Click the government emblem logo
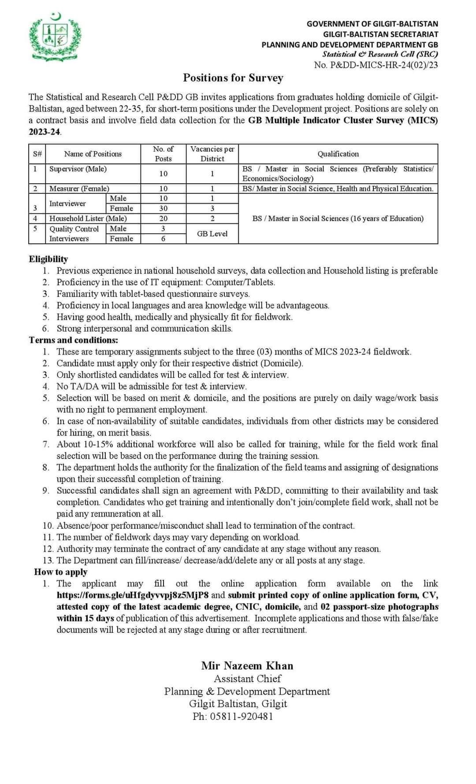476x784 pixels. click(x=56, y=38)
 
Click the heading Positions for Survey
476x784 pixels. click(x=233, y=78)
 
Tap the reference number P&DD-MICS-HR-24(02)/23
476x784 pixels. click(x=376, y=65)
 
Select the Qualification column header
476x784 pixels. click(x=338, y=154)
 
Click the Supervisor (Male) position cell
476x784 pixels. click(x=78, y=169)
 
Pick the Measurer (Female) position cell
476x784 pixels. click(x=79, y=189)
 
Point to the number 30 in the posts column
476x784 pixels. click(x=164, y=208)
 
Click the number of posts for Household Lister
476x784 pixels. click(x=164, y=219)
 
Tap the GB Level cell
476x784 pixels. click(x=212, y=234)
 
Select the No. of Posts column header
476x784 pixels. click(x=164, y=154)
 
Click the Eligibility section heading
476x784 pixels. click(x=48, y=259)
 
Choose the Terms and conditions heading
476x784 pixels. click(x=74, y=340)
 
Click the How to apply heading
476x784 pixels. click(x=61, y=572)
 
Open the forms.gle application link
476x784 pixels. click(x=132, y=595)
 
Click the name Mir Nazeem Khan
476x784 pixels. click(x=247, y=666)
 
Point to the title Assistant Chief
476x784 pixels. click(x=247, y=679)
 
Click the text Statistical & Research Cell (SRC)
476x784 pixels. click(x=380, y=55)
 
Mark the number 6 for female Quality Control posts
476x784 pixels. click(x=164, y=239)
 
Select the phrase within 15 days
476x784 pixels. click(x=86, y=618)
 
